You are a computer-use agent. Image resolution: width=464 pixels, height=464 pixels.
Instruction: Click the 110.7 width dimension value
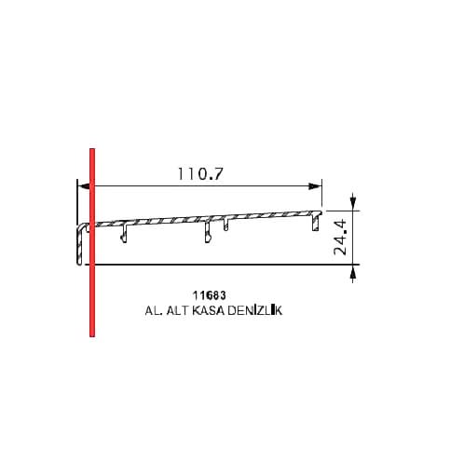click(200, 174)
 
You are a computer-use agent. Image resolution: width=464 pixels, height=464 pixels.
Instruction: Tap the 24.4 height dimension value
click(340, 237)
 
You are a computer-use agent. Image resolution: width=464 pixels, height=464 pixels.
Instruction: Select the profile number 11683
click(210, 295)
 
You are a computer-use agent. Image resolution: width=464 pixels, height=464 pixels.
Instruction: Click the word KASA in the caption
click(208, 310)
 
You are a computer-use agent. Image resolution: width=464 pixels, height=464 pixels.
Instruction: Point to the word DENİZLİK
click(254, 310)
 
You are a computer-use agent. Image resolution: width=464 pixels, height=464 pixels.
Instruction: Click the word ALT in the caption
click(178, 310)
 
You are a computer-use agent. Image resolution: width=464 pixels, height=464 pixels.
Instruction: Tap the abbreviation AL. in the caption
click(154, 310)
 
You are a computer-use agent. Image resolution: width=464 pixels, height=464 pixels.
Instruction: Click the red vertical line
click(92, 242)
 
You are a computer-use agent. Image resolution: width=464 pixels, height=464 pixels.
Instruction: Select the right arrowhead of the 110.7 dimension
click(314, 186)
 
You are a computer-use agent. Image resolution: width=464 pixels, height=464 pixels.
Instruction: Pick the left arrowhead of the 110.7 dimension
click(83, 186)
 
